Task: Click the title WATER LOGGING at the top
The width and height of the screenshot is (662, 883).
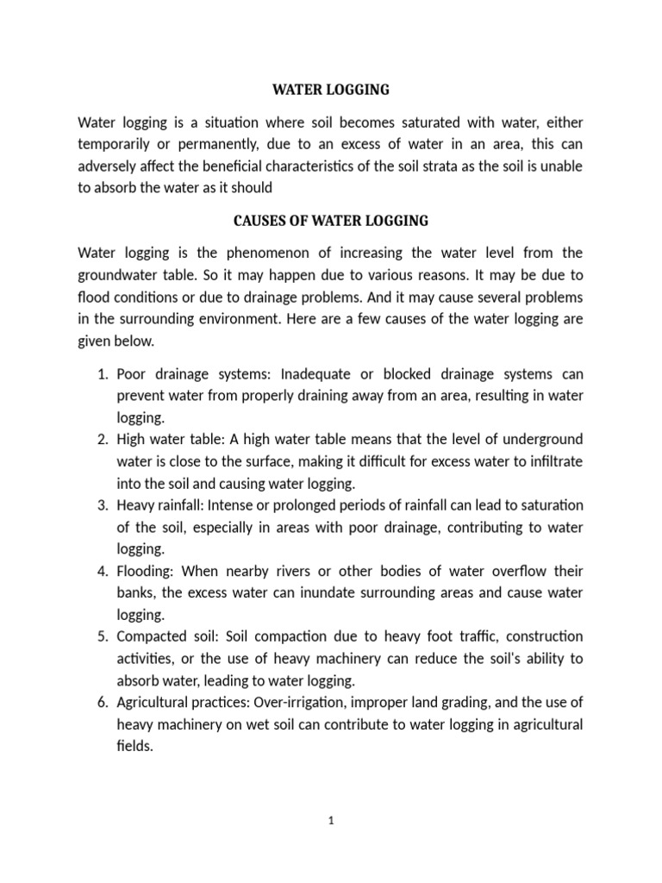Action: click(331, 89)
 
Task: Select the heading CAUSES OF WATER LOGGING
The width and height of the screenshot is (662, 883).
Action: click(331, 221)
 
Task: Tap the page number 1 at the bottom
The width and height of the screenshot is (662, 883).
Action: click(331, 821)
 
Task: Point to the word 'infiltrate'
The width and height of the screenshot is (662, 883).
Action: click(548, 461)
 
